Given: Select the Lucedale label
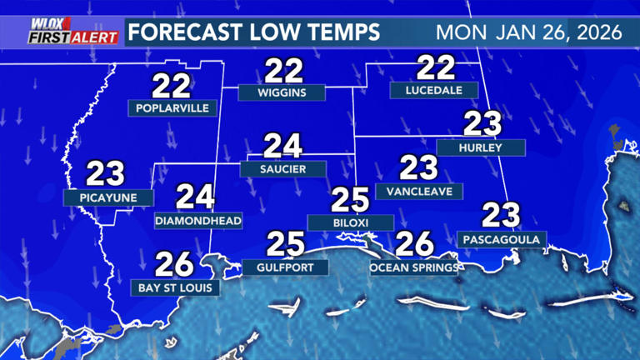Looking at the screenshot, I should [x=433, y=90].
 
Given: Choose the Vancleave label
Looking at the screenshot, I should [x=419, y=191].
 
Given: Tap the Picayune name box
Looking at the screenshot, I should [x=108, y=197].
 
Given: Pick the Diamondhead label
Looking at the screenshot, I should [x=198, y=221].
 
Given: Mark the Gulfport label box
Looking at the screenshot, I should [x=285, y=267].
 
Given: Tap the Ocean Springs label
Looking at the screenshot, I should [x=414, y=267].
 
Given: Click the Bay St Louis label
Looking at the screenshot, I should [x=176, y=287].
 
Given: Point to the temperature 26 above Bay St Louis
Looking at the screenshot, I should [x=175, y=264].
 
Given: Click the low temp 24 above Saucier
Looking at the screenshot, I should [x=282, y=146].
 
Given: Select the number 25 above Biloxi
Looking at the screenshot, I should [x=350, y=200].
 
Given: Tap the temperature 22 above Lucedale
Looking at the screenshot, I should [x=435, y=67].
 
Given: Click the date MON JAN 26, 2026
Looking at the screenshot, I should [x=528, y=33].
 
